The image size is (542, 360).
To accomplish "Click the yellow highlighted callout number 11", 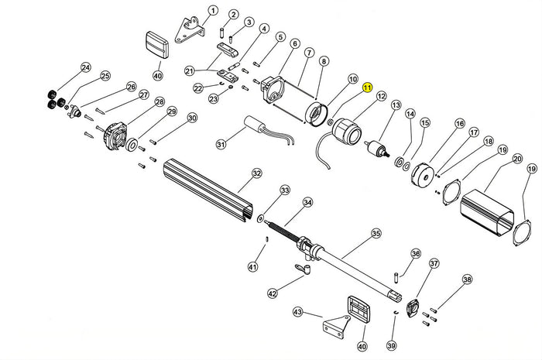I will pyautogui.click(x=368, y=88).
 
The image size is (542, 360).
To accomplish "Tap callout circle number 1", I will pyautogui.click(x=213, y=11).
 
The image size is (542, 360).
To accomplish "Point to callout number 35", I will pyautogui.click(x=376, y=232).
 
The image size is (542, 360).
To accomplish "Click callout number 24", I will pyautogui.click(x=85, y=68).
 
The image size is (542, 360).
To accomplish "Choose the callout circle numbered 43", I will pyautogui.click(x=299, y=312).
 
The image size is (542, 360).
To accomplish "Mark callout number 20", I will pyautogui.click(x=516, y=159).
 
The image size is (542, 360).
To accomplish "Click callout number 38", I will pyautogui.click(x=466, y=279).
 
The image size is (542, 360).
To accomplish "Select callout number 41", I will pyautogui.click(x=252, y=267).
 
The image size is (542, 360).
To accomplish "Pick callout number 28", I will pyautogui.click(x=160, y=102).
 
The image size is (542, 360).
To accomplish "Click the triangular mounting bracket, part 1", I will pyautogui.click(x=190, y=30).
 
